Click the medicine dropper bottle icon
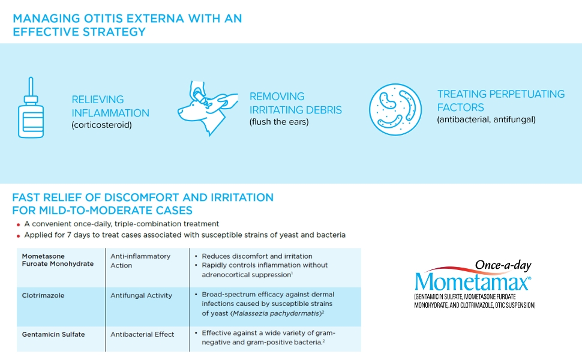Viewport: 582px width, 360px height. (31, 107)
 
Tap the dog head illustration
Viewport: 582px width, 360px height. (208, 109)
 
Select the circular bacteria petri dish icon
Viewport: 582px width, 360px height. (395, 109)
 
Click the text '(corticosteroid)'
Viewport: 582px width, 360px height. (102, 125)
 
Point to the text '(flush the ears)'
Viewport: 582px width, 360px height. (279, 122)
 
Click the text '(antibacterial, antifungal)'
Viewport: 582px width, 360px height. (486, 119)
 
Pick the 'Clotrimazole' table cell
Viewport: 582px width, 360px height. (43, 295)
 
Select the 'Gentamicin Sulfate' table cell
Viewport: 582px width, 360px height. (53, 334)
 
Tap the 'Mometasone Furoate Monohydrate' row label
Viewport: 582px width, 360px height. (58, 260)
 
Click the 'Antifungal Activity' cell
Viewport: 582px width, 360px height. (142, 295)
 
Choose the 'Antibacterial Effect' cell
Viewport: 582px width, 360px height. (142, 334)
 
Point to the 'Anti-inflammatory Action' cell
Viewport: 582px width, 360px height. (140, 260)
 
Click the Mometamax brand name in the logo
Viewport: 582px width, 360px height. (472, 282)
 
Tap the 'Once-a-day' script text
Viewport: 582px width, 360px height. (503, 265)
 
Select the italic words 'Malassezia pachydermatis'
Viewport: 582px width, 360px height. (276, 313)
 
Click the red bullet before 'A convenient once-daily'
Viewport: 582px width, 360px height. (18, 225)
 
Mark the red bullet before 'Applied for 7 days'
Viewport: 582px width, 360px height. (18, 236)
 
